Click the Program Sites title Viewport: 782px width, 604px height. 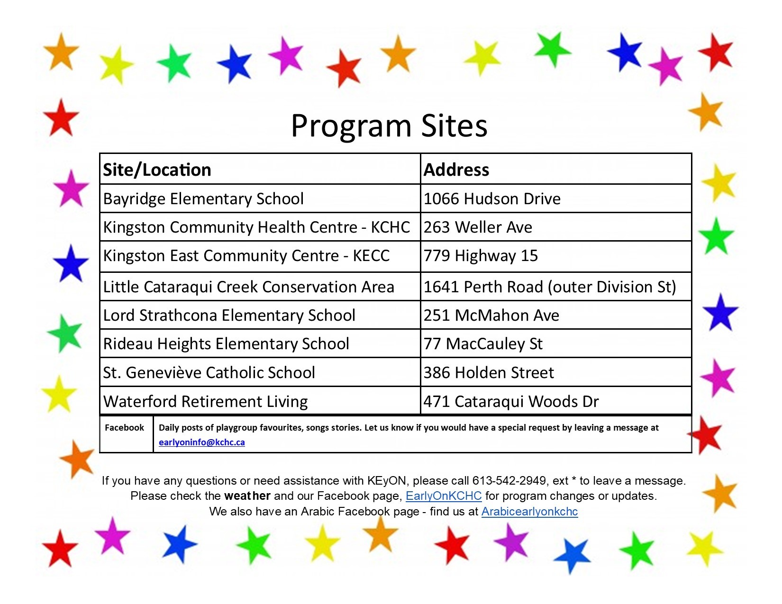click(x=389, y=126)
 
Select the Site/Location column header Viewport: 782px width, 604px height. click(x=157, y=170)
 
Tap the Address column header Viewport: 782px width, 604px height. click(x=456, y=170)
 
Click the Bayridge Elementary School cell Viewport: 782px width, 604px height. click(x=203, y=198)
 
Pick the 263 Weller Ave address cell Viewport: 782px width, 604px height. click(x=478, y=227)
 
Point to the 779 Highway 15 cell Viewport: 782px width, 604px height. click(x=481, y=256)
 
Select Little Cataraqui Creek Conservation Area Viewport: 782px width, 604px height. click(x=248, y=287)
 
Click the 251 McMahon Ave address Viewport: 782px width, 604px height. click(x=491, y=316)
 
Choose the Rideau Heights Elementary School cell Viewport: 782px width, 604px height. click(x=226, y=344)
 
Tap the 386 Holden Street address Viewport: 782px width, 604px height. click(x=488, y=373)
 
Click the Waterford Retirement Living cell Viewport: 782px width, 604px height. click(x=205, y=402)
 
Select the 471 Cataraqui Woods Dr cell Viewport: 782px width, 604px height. click(x=511, y=402)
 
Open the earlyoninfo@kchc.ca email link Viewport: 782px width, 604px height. click(x=202, y=442)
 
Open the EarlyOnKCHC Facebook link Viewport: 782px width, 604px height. click(x=444, y=496)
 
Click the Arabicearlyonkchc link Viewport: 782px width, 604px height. click(x=529, y=512)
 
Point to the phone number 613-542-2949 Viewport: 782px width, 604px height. click(x=509, y=481)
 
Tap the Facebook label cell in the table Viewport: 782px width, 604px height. click(x=124, y=428)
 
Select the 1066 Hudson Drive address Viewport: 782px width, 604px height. click(x=492, y=198)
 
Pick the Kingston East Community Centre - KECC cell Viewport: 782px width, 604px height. click(x=246, y=256)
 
